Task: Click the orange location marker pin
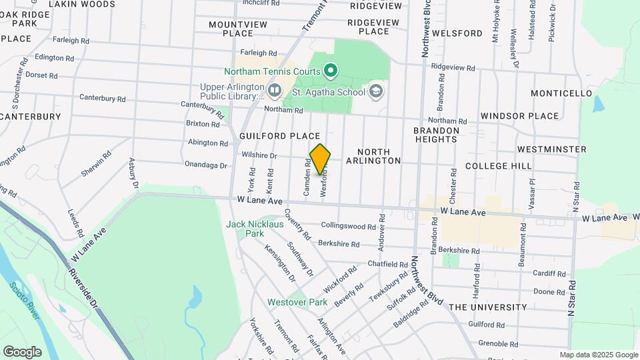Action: [320, 159]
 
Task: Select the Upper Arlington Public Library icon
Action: [275, 89]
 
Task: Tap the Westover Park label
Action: [297, 302]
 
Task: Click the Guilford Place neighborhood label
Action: [279, 136]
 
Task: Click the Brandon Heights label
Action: [435, 135]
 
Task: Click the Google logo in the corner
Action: [22, 352]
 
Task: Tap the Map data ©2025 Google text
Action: [598, 355]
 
